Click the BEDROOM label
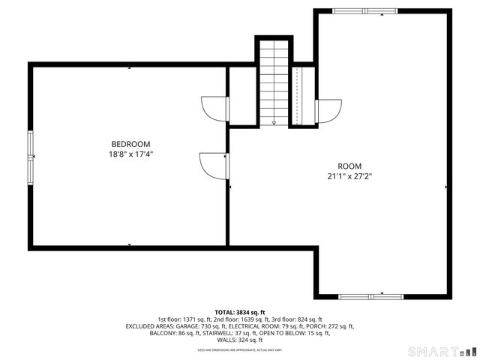(130, 144)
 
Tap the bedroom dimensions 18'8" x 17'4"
(130, 154)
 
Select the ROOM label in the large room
(349, 166)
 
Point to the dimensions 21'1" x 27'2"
(349, 177)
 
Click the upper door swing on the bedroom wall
(216, 109)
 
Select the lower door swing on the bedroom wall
(214, 164)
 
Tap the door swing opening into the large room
(328, 111)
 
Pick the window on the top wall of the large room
(364, 10)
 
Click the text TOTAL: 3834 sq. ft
(240, 312)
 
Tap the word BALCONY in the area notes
(163, 333)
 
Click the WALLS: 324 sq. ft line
(240, 340)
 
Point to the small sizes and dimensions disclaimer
(240, 349)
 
